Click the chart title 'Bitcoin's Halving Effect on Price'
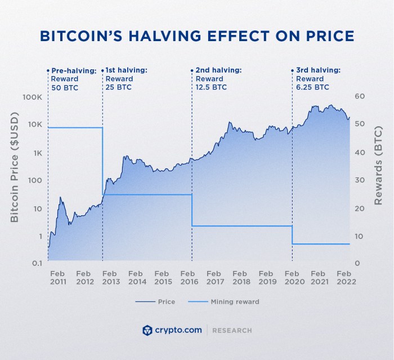(197, 35)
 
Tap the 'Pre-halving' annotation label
(73, 70)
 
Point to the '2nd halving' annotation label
(218, 70)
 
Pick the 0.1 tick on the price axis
(36, 264)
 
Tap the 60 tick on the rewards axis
(360, 97)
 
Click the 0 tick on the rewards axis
(357, 264)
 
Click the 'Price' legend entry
(155, 302)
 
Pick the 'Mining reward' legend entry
(223, 302)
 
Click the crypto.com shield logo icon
(148, 330)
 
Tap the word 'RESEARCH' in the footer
(232, 331)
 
